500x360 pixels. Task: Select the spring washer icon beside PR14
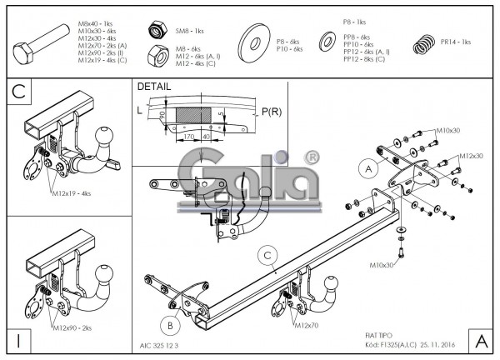pos(424,42)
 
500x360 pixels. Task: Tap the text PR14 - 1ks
pos(456,42)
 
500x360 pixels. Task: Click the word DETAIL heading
pos(154,87)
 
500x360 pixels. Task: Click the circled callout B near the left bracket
pos(168,325)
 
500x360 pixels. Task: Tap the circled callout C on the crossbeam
pos(265,256)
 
